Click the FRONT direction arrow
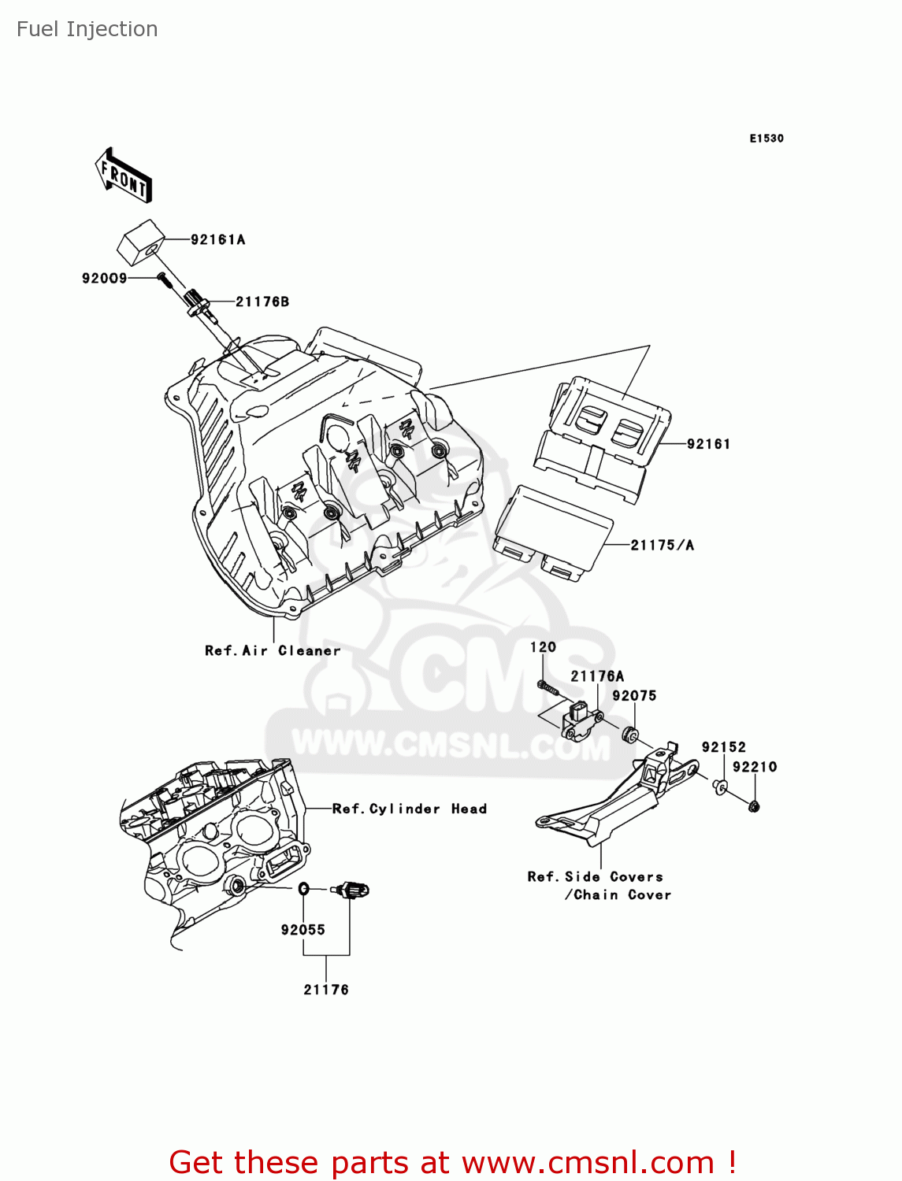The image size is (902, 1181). click(124, 176)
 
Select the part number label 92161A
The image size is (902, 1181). click(217, 239)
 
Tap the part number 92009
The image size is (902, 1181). click(104, 278)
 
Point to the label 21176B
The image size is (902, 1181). click(262, 302)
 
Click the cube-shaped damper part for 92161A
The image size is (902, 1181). click(140, 242)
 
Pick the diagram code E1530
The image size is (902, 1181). click(766, 139)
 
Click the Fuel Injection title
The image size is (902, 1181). click(87, 29)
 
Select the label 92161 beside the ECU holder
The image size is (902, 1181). click(708, 444)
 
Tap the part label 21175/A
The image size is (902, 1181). click(662, 545)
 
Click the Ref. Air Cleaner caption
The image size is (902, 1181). click(273, 650)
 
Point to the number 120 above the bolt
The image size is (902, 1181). click(543, 647)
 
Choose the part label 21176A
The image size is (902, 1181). click(596, 676)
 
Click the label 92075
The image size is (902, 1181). click(634, 696)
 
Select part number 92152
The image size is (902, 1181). click(723, 747)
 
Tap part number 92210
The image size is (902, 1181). click(754, 767)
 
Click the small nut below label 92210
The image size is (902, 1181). click(754, 806)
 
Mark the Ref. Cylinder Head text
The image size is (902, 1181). click(409, 809)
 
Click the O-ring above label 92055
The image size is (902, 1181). click(303, 890)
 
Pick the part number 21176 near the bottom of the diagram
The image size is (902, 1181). click(326, 990)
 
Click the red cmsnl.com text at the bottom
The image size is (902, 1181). click(453, 1162)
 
